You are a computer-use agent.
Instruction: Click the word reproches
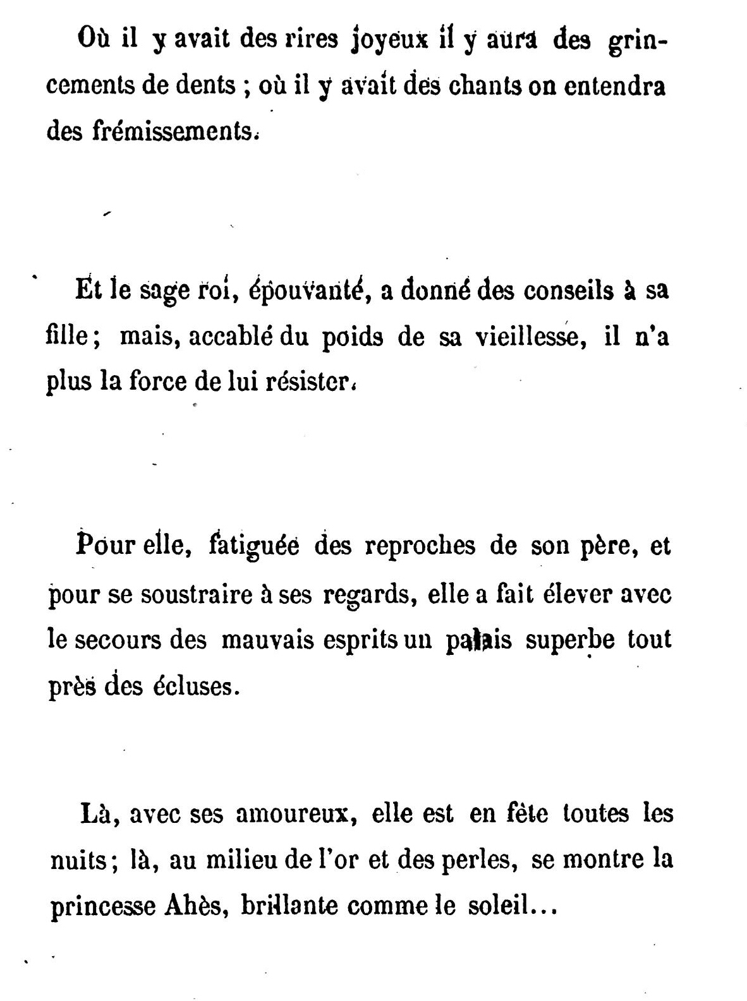[420, 545]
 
